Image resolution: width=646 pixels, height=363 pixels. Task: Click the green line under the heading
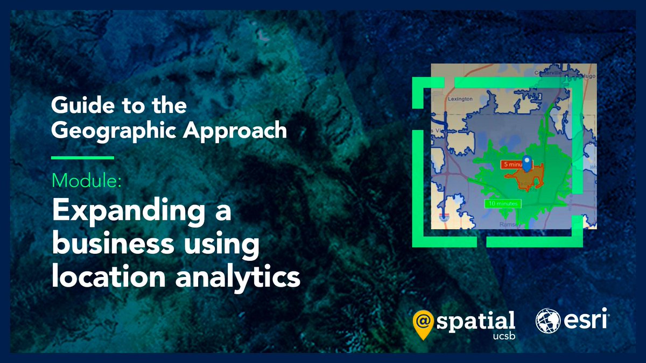pyautogui.click(x=82, y=158)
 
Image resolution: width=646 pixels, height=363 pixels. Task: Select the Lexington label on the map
pyautogui.click(x=460, y=99)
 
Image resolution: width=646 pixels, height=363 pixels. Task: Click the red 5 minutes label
pyautogui.click(x=511, y=163)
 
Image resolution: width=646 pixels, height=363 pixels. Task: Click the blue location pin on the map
pyautogui.click(x=528, y=162)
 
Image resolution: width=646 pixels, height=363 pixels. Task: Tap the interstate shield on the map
pyautogui.click(x=444, y=217)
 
